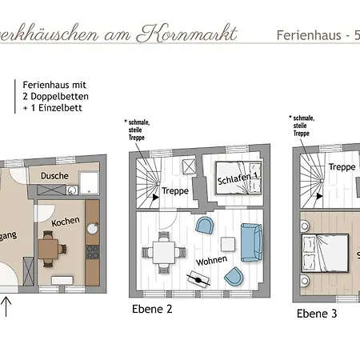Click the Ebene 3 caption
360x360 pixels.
317,313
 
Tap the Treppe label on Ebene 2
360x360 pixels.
175,192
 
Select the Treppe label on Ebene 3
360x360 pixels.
342,167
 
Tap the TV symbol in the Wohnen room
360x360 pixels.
197,279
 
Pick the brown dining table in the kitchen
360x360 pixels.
50,249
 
